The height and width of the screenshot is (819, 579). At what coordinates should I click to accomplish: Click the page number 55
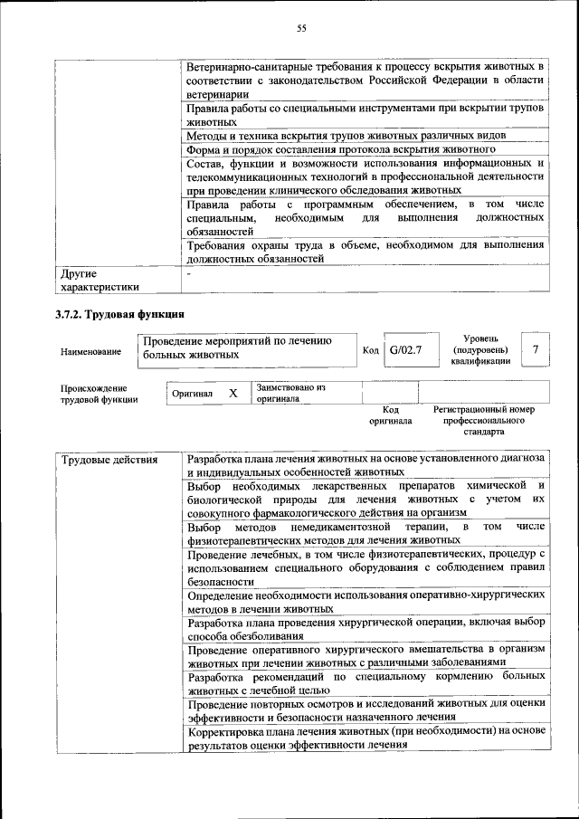[302, 29]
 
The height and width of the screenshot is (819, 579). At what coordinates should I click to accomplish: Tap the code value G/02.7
[404, 348]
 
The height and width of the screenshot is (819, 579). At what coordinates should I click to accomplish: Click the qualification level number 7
[536, 348]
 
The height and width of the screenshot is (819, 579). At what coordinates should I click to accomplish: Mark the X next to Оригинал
[233, 394]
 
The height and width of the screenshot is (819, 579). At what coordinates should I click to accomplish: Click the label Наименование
[91, 350]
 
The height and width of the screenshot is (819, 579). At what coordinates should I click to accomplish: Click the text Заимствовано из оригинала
[289, 393]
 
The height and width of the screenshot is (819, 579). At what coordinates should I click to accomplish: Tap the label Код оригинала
[391, 415]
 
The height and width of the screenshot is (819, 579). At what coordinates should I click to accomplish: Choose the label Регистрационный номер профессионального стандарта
[483, 421]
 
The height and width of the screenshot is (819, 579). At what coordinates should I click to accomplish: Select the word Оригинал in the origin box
[192, 395]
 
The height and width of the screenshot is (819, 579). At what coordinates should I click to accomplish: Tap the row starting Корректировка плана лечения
[365, 738]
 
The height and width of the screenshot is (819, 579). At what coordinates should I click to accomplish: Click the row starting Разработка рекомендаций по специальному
[365, 683]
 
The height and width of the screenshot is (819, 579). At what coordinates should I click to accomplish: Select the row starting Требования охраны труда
[365, 252]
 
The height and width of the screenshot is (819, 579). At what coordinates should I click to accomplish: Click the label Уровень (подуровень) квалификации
[479, 349]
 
